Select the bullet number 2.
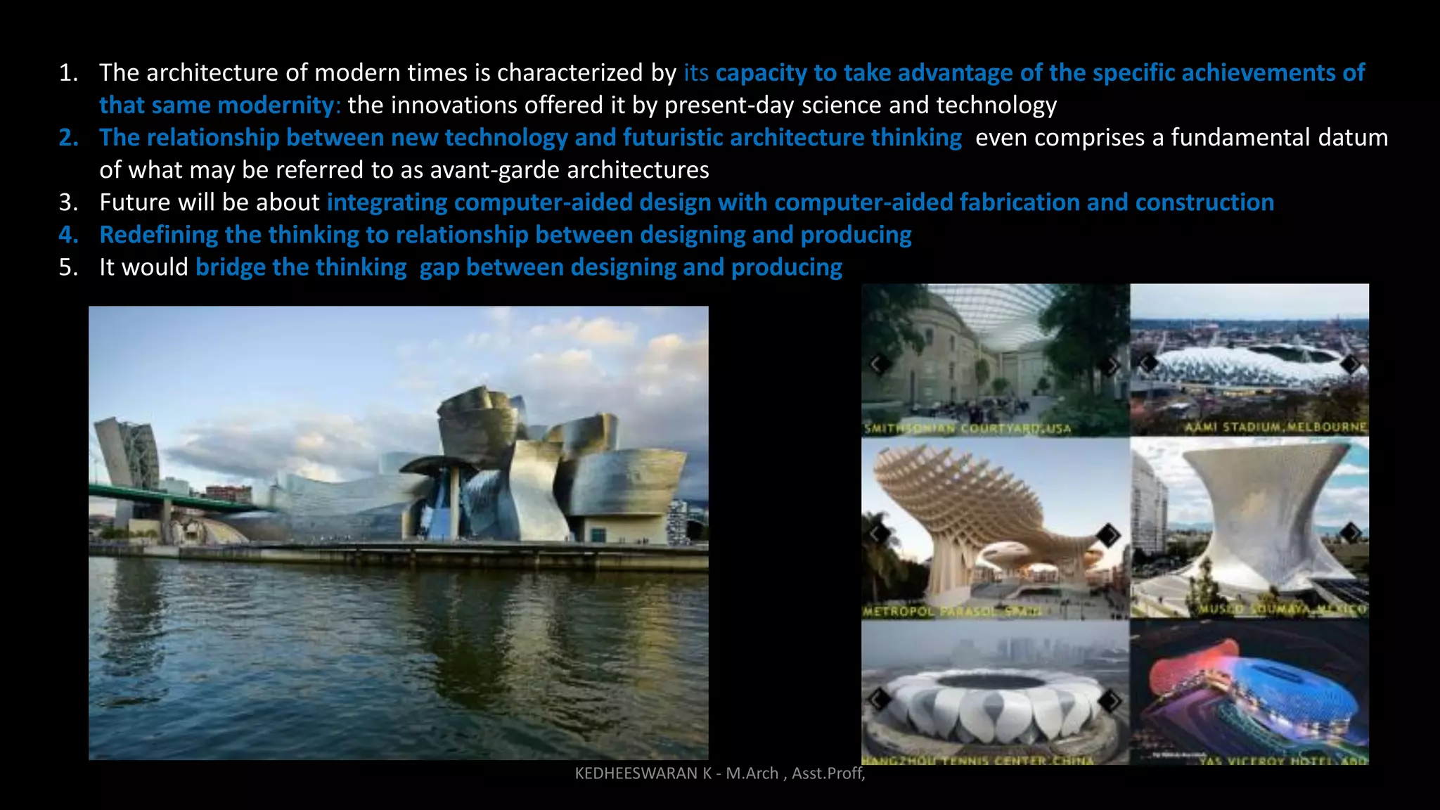coord(68,138)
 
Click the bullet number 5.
coord(68,267)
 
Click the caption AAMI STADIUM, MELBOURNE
coord(1275,427)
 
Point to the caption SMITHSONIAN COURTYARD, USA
coord(967,428)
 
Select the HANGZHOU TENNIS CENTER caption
coord(977,760)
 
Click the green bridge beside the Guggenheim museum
coord(176,499)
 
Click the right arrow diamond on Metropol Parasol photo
coord(1108,535)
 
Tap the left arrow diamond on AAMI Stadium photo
coord(1148,364)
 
